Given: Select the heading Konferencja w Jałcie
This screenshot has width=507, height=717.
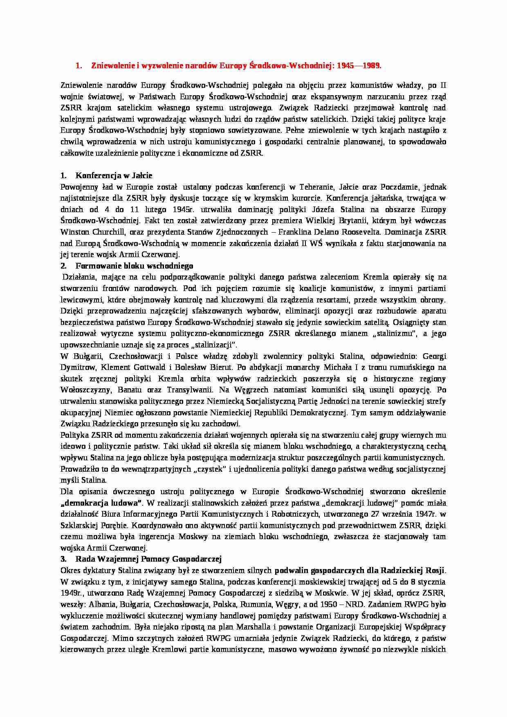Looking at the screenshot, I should click(x=114, y=176).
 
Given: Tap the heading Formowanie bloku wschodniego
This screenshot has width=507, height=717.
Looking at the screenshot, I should click(x=134, y=266).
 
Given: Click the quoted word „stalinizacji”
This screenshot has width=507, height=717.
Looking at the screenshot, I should click(x=215, y=345).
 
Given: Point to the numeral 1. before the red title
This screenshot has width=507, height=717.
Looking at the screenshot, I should click(x=79, y=65).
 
